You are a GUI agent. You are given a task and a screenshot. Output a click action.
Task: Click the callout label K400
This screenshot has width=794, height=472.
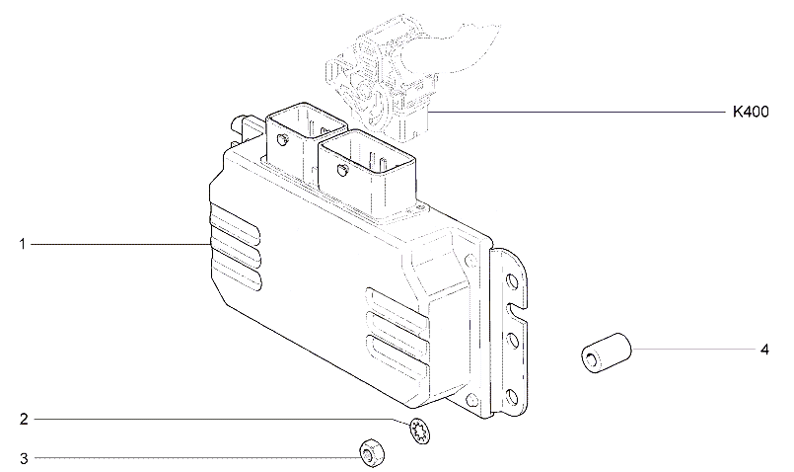click(x=751, y=112)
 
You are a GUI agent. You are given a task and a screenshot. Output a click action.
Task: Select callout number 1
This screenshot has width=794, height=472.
click(x=23, y=244)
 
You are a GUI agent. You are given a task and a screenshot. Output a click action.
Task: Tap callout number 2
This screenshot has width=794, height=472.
click(x=24, y=420)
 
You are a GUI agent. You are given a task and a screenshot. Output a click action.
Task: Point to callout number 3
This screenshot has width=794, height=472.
click(x=24, y=459)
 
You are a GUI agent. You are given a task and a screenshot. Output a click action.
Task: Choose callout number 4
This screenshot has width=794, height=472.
click(x=764, y=350)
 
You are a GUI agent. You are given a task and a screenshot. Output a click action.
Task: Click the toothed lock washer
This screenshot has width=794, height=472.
click(x=420, y=431)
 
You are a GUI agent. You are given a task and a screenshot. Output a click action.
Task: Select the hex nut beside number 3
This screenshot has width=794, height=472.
click(x=371, y=452)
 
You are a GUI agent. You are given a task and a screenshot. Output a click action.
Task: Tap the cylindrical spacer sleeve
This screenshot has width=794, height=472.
click(x=607, y=353)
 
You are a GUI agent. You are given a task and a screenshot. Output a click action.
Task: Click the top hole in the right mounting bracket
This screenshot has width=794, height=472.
click(x=512, y=280)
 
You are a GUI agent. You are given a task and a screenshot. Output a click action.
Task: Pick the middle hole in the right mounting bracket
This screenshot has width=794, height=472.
click(x=512, y=339)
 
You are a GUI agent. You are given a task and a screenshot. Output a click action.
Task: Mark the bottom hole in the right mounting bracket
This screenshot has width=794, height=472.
click(x=512, y=396)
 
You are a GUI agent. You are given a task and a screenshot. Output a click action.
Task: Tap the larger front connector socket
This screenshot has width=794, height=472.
click(x=367, y=175)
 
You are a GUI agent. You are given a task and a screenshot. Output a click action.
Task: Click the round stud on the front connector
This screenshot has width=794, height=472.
click(x=342, y=171)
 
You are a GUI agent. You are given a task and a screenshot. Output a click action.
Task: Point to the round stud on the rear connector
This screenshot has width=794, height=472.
click(x=281, y=139)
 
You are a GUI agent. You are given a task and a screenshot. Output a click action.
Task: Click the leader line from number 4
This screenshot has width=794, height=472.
click(x=693, y=350)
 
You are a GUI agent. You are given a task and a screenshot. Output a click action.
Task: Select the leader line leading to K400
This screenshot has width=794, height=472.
click(x=577, y=111)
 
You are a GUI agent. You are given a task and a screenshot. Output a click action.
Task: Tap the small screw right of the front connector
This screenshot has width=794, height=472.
click(x=420, y=206)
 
